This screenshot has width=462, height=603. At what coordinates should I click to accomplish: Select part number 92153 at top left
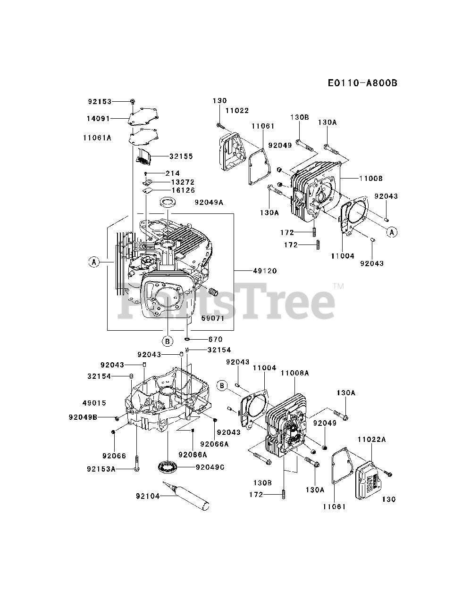point(100,101)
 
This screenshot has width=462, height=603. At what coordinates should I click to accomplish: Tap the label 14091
point(100,119)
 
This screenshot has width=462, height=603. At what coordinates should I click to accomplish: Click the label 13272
point(183,182)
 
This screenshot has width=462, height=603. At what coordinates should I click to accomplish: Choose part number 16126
point(183,190)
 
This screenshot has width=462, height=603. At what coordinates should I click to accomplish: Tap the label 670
point(215,339)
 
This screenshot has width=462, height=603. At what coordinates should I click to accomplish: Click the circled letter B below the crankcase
point(167,340)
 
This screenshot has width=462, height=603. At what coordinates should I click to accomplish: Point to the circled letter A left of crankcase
point(94,262)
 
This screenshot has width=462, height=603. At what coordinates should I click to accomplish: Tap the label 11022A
point(371,439)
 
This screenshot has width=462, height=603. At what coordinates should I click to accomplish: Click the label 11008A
point(294,373)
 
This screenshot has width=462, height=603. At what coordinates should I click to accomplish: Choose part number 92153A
point(101,469)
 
